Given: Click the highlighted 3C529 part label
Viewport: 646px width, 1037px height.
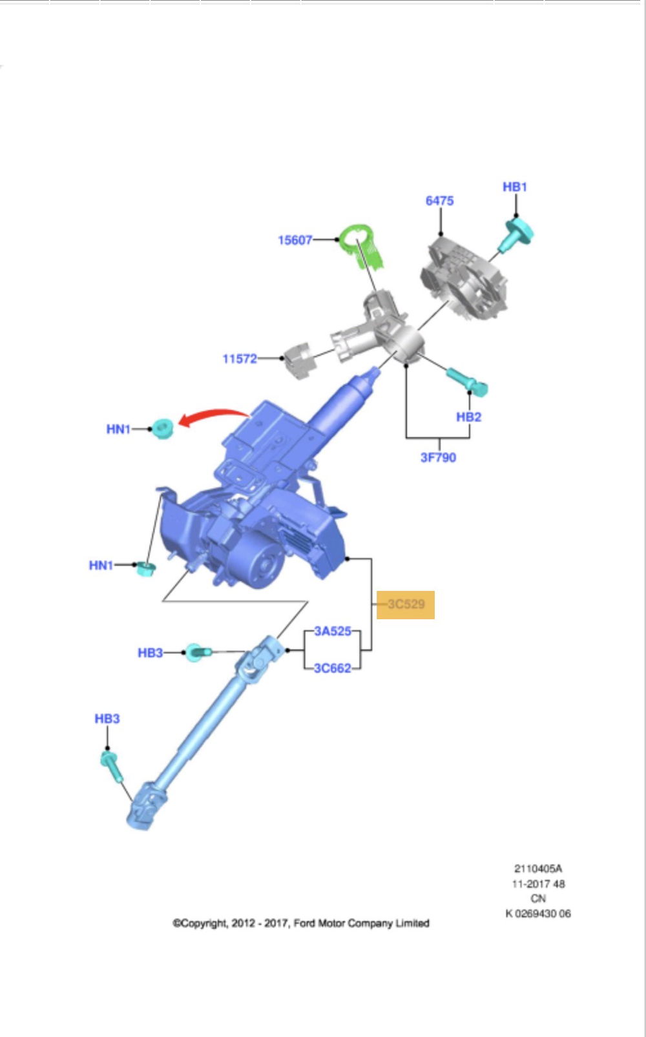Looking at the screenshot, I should click(406, 604).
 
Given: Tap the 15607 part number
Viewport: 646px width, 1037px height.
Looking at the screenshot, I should click(295, 240).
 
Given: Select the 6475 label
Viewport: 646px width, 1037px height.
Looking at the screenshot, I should click(439, 201).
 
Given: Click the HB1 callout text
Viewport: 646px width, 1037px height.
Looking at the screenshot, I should click(515, 187).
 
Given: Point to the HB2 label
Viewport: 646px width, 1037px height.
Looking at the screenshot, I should click(468, 417).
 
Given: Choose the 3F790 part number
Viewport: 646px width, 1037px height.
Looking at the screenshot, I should click(438, 457).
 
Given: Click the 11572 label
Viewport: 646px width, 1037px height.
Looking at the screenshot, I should click(240, 358).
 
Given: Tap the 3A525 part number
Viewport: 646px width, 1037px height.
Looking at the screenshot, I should click(333, 631).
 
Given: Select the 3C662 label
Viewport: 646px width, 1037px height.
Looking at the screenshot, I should click(333, 668).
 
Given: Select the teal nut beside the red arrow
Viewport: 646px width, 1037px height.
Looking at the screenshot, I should click(161, 428).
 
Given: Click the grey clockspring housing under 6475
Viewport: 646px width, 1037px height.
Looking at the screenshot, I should click(464, 278).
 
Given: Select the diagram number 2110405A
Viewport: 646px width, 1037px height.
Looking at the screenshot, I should click(537, 868).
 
